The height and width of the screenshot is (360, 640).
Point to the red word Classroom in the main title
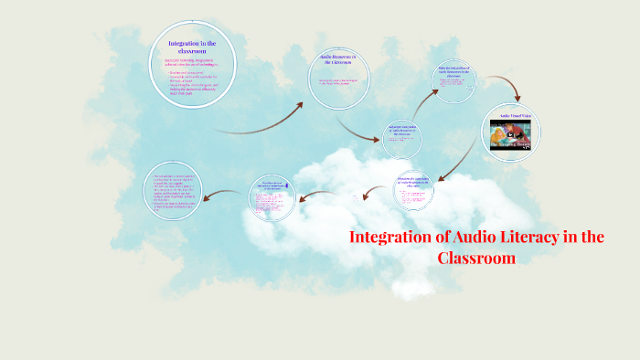point(476,258)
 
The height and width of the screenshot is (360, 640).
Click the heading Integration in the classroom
point(192,47)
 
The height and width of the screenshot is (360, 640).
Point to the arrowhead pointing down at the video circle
point(518,95)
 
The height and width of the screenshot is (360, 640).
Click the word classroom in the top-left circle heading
point(192,52)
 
